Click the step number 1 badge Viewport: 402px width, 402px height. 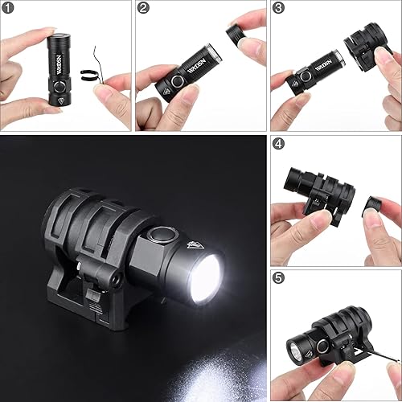pyautogui.click(x=9, y=8)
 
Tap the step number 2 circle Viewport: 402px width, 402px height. pyautogui.click(x=143, y=8)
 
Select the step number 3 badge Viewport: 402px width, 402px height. pyautogui.click(x=277, y=8)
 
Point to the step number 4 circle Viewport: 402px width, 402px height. pyautogui.click(x=278, y=144)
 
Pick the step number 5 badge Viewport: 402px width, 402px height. pyautogui.click(x=278, y=279)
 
